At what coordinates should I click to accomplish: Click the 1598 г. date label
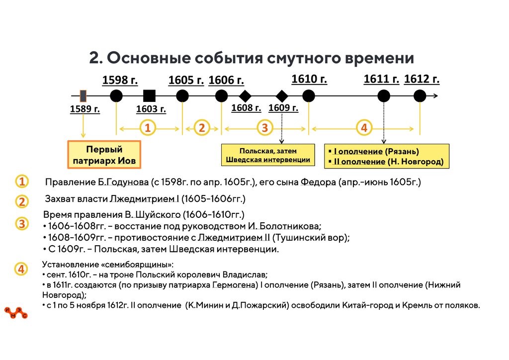[120, 80]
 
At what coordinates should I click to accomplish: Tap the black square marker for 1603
[149, 96]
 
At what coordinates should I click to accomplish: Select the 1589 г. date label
[85, 109]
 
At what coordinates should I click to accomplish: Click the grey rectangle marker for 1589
[83, 95]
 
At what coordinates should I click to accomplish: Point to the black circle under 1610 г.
[309, 96]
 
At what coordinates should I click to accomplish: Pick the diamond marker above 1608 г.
[245, 96]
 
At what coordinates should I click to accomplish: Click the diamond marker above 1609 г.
[282, 96]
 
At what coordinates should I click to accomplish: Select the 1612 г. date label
[422, 80]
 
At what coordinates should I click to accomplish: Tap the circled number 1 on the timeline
[147, 128]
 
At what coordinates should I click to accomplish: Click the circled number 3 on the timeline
[264, 128]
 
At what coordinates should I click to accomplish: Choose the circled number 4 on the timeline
[364, 128]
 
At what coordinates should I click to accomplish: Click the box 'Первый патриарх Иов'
[104, 155]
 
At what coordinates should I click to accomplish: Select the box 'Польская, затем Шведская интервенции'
[268, 155]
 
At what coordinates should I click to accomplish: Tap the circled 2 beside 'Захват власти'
[22, 201]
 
